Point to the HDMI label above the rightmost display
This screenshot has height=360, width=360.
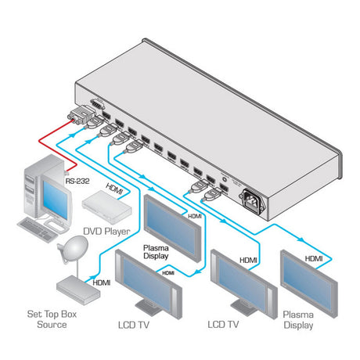[x=313, y=257]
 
